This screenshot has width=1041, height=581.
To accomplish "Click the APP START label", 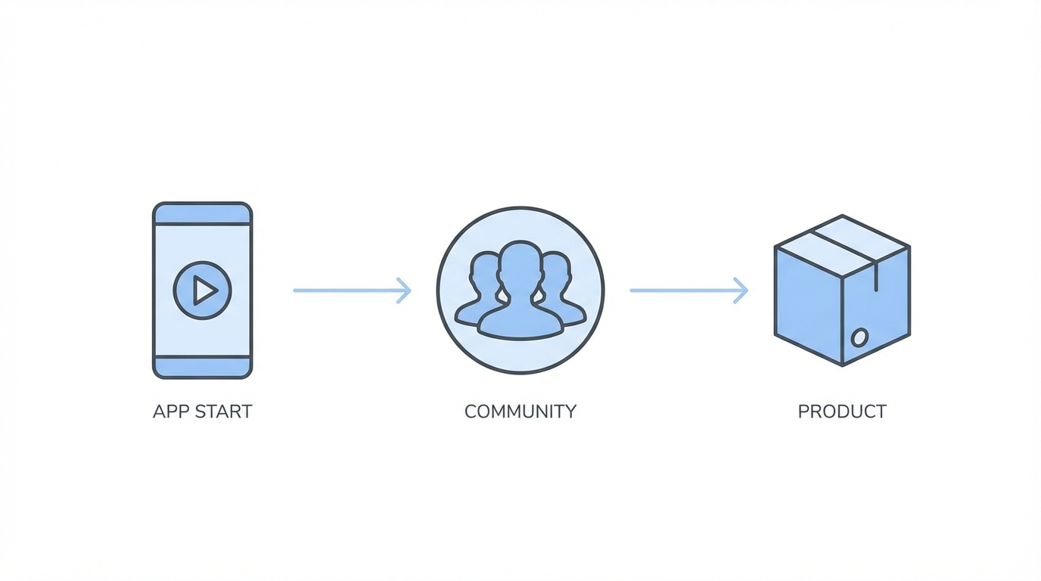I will [x=202, y=412].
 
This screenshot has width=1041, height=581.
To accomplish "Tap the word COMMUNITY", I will [x=520, y=412].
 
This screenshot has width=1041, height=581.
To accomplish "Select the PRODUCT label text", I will [x=841, y=412].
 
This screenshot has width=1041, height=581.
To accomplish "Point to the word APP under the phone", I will [x=170, y=412].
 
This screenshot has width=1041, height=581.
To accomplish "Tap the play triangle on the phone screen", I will [x=204, y=290].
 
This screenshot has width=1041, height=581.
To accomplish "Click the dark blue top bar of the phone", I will [x=202, y=214].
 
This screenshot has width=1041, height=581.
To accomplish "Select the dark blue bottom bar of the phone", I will [x=202, y=367].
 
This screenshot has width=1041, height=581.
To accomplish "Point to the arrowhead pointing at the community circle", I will [x=405, y=290].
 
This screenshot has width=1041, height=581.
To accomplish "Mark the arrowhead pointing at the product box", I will [x=741, y=290].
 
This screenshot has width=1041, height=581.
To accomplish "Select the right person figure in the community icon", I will [x=564, y=291].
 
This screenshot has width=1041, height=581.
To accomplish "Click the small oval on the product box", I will [x=859, y=337].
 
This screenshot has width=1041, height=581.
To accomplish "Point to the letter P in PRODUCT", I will [x=803, y=412].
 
